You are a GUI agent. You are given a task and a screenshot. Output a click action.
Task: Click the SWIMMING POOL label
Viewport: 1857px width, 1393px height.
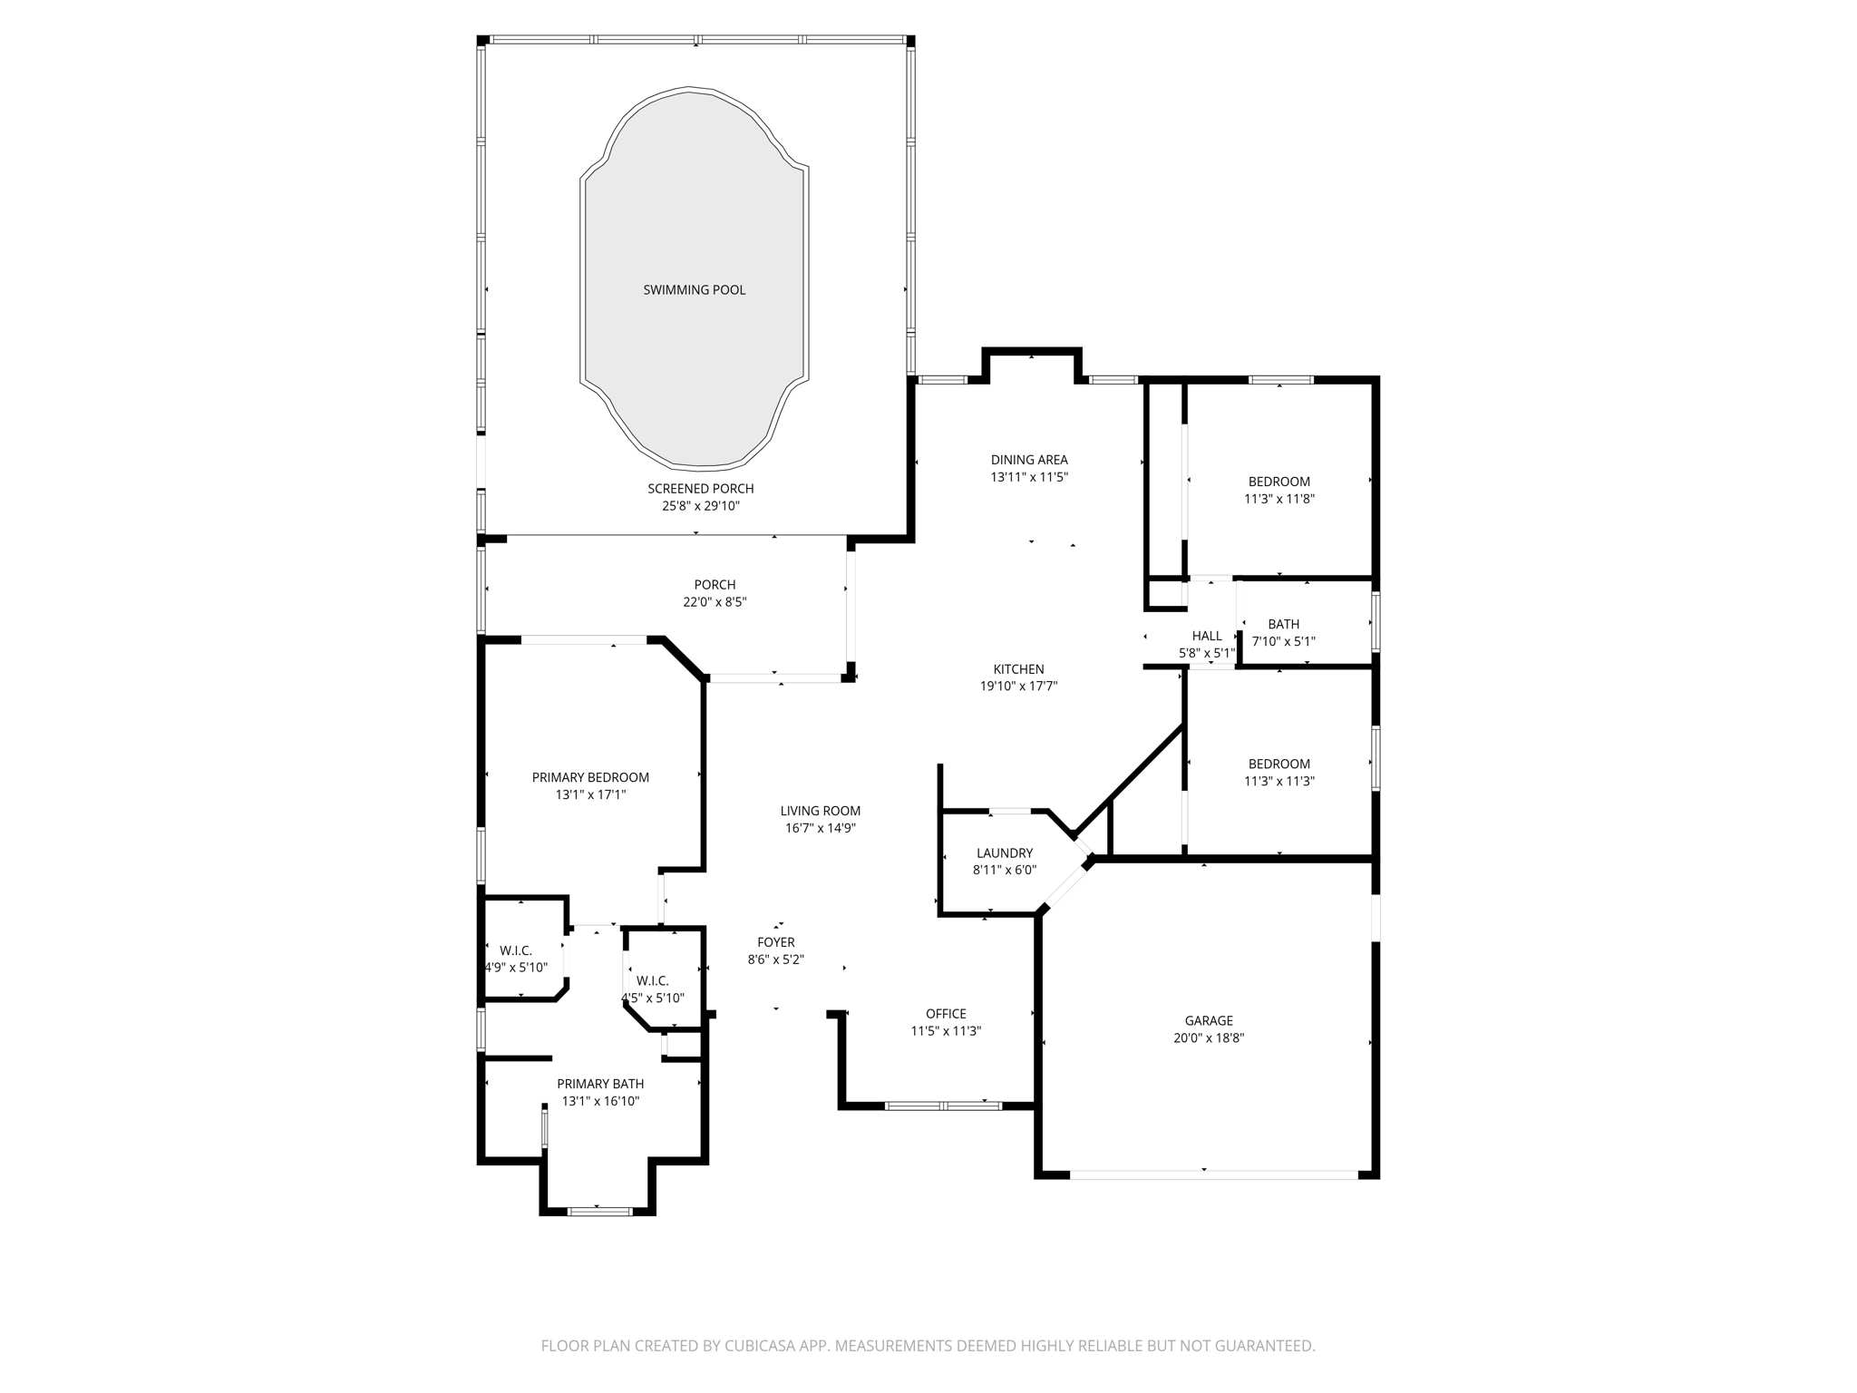694,290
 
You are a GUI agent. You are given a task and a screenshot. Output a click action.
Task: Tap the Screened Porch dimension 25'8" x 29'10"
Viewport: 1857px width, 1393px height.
700,506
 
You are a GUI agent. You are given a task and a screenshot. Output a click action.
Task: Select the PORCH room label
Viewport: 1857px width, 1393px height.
715,585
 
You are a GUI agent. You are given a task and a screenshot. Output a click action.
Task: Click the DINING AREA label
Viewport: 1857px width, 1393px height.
1029,460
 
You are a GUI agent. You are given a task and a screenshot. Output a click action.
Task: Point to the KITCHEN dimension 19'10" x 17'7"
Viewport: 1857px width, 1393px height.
1018,687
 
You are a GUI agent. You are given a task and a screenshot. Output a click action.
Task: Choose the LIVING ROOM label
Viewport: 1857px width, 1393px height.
820,811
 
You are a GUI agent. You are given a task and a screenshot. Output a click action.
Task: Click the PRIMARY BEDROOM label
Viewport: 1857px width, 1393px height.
590,777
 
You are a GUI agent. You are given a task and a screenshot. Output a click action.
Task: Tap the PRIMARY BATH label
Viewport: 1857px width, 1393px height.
600,1084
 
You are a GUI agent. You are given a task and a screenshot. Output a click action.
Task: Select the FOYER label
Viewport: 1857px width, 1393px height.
776,942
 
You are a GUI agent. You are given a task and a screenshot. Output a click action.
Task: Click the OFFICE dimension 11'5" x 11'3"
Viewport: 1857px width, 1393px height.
946,1031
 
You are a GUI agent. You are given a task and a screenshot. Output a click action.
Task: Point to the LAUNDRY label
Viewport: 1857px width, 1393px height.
1004,852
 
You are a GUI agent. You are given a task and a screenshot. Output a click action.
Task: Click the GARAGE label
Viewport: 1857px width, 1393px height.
1208,1020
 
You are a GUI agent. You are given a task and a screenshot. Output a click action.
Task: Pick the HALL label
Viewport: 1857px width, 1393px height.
1207,636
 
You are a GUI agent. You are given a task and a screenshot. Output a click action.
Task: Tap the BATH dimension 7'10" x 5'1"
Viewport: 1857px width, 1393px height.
1283,641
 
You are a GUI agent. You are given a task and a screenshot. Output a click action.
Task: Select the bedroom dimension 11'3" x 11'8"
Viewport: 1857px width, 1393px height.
1279,499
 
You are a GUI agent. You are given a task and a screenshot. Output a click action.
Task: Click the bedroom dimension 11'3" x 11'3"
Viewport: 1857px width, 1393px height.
1279,781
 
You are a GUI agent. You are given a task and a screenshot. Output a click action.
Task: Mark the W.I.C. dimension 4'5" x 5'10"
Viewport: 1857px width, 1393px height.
653,998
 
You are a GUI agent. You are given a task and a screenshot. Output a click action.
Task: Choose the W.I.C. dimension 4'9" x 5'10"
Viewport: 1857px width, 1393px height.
517,968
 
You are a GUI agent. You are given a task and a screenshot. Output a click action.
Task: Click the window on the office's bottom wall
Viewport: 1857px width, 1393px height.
943,1106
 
